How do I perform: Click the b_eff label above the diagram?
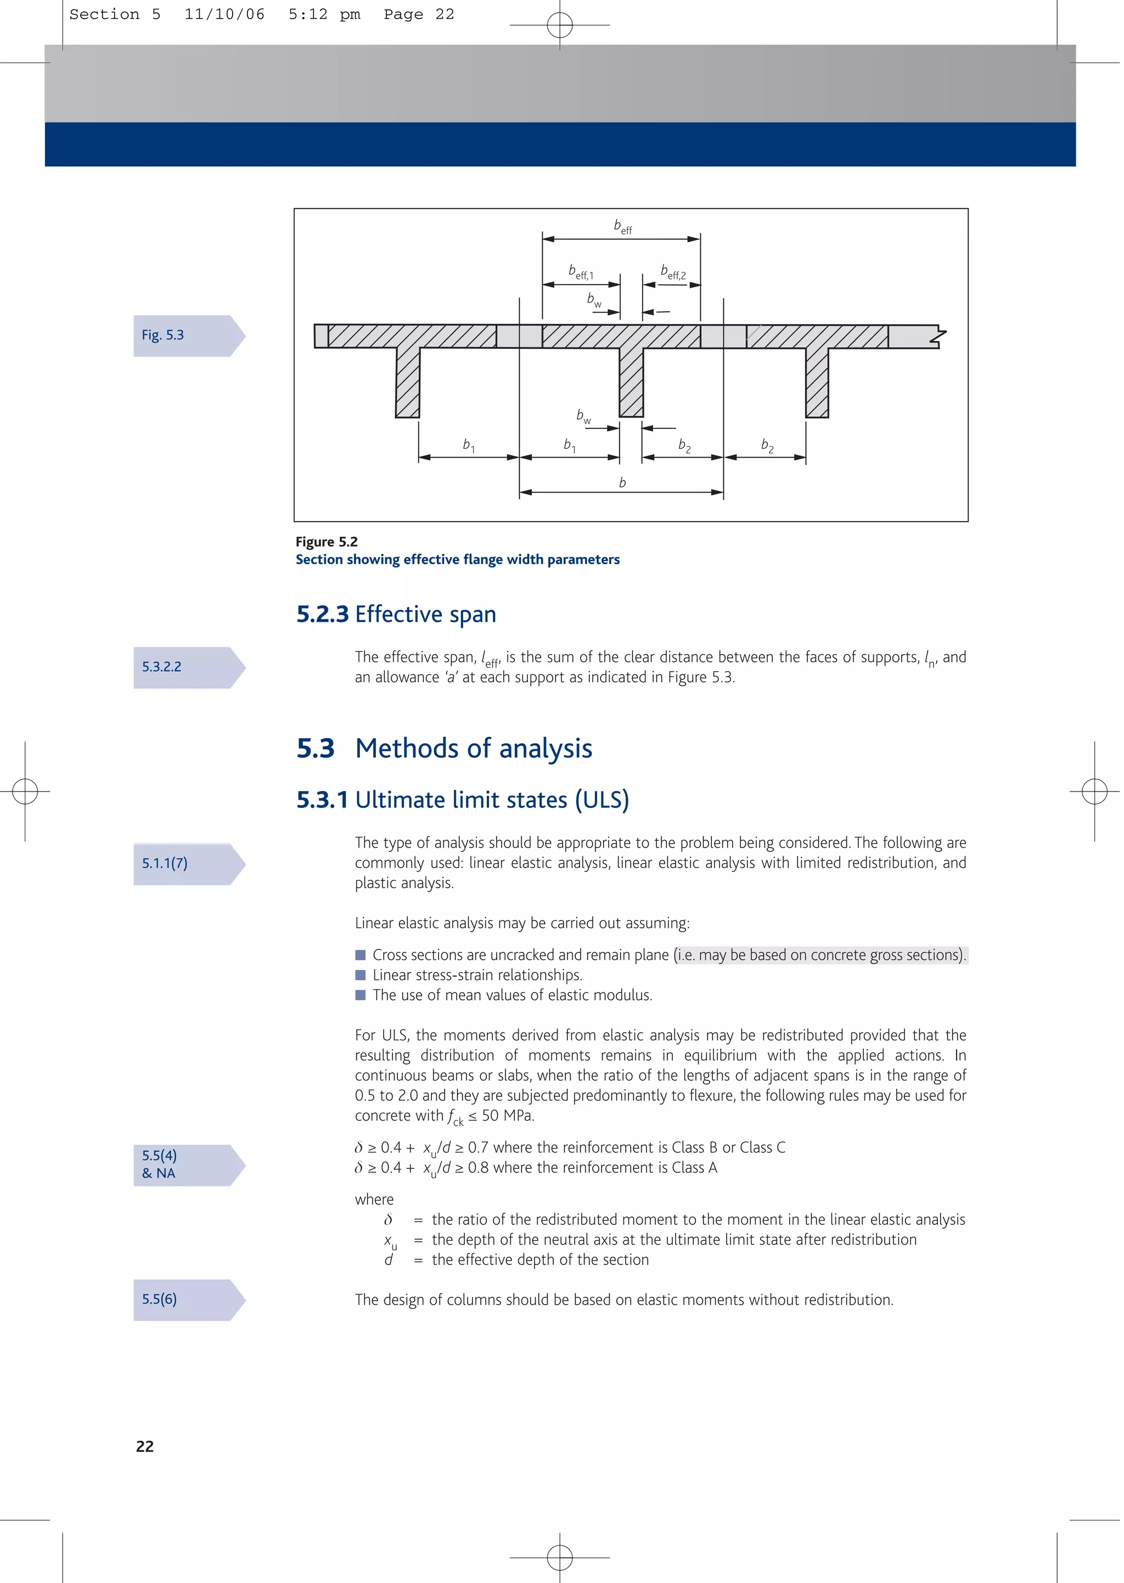[x=622, y=226]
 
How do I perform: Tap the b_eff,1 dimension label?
[x=580, y=271]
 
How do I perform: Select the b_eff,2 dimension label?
[x=673, y=271]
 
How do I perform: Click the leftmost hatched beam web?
[x=408, y=382]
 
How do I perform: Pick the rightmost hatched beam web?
[x=817, y=382]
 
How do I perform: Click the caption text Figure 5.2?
[x=326, y=542]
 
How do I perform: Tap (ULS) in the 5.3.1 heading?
[x=602, y=800]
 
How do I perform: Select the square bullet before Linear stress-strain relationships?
[x=360, y=975]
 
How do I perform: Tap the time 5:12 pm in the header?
[x=324, y=14]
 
